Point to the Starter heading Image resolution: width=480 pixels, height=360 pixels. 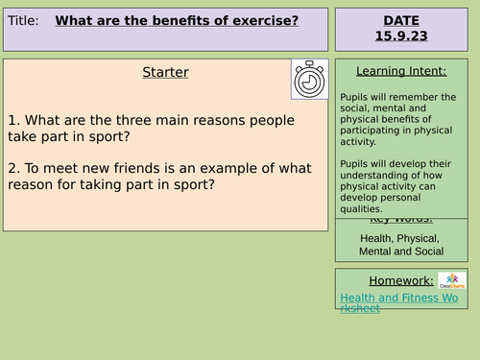(165, 73)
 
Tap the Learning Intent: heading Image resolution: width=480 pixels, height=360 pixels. (400, 70)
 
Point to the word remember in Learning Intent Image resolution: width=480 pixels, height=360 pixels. (432, 97)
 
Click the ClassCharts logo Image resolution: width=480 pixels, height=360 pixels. (452, 280)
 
